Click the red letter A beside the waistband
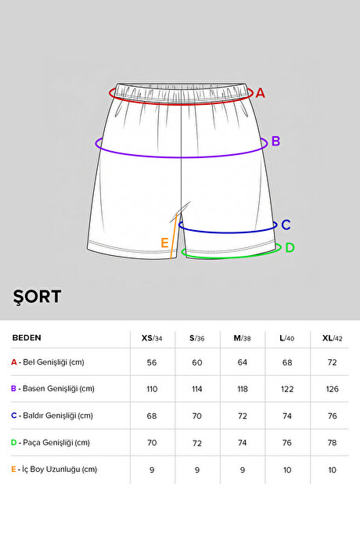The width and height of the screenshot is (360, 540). click(260, 93)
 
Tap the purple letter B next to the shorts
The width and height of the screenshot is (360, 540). click(275, 141)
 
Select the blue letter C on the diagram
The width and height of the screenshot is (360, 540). click(286, 225)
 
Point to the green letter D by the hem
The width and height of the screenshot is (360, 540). click(290, 247)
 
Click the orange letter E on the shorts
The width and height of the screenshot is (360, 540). click(164, 243)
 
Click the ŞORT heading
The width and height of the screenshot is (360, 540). click(38, 297)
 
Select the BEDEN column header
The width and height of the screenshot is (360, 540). click(27, 337)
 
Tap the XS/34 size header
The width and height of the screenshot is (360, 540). click(152, 338)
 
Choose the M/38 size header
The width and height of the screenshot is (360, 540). click(242, 338)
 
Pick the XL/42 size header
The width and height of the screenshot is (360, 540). click(333, 338)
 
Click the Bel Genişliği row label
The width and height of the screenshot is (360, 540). click(48, 362)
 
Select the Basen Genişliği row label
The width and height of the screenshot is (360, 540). click(52, 389)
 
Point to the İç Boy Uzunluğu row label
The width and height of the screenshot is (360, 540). click(54, 470)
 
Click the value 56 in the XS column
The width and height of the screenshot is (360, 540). click(152, 362)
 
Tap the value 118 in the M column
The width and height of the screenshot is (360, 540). click(243, 389)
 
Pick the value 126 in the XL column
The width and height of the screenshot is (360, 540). click(333, 389)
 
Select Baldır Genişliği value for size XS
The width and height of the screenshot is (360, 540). click(152, 416)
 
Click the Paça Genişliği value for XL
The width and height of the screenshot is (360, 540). click(333, 442)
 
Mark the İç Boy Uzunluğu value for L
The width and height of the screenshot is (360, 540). click(287, 470)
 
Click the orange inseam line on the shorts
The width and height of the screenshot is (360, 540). click(174, 236)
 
